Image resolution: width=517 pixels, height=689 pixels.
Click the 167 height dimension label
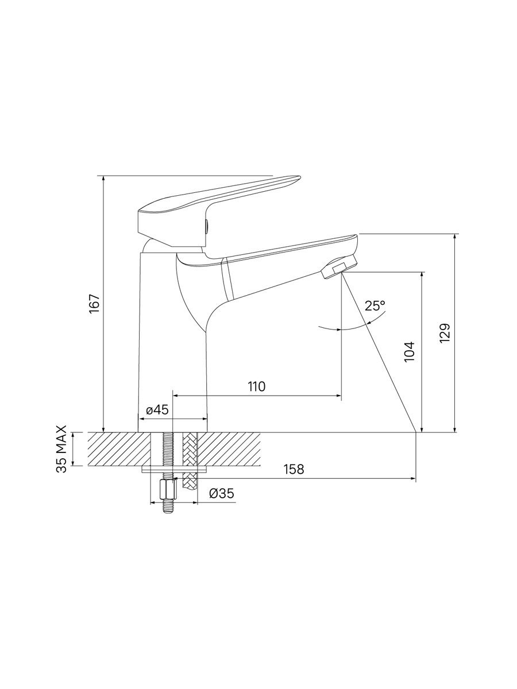pyautogui.click(x=94, y=303)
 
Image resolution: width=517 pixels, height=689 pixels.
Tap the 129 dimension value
pyautogui.click(x=445, y=333)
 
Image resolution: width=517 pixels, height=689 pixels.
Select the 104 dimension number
pyautogui.click(x=410, y=352)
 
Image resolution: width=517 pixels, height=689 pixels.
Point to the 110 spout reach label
pyautogui.click(x=257, y=386)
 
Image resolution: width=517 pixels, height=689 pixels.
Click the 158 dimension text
pyautogui.click(x=294, y=478)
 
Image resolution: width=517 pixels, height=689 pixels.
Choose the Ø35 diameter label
pyautogui.click(x=222, y=494)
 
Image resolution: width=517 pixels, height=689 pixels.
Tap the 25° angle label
pyautogui.click(x=375, y=305)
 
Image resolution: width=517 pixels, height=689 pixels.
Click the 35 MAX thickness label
pyautogui.click(x=61, y=449)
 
